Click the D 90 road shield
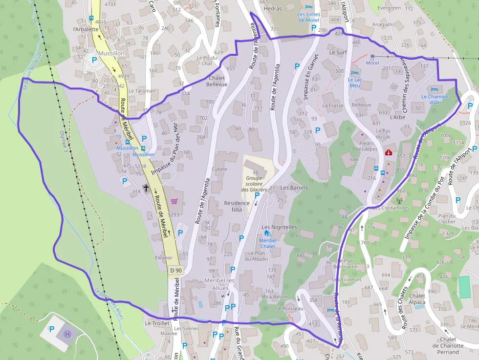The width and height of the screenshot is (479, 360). [x=176, y=270]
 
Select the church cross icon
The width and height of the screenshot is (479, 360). [x=146, y=188]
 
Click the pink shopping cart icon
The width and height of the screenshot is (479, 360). [x=174, y=201]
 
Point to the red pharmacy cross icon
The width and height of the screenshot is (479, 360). [x=389, y=152]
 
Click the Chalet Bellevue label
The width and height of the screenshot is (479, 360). [x=218, y=81]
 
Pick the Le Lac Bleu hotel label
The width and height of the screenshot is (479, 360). [x=355, y=82]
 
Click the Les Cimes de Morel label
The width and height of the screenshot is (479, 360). [x=308, y=17]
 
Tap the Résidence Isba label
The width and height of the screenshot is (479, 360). [x=237, y=206]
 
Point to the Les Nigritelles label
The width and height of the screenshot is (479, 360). [x=279, y=227]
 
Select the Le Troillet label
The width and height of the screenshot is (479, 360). [x=157, y=323]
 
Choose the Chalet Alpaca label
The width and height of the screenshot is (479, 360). [x=417, y=299]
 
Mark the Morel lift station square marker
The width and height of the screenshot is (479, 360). [x=372, y=57]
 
